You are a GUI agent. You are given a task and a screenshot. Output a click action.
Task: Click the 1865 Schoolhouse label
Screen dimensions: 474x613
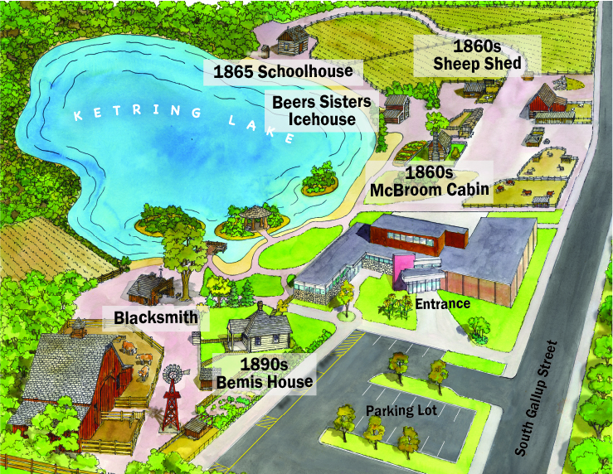point(283,72)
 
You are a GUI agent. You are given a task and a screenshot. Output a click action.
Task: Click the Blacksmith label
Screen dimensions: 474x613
point(156,317)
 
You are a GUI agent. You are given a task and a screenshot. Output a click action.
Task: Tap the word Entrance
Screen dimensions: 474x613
point(445,304)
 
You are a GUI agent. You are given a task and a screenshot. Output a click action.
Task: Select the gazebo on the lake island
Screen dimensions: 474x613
point(254,218)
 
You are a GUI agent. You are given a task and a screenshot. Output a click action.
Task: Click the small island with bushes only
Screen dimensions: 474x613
point(318,179)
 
